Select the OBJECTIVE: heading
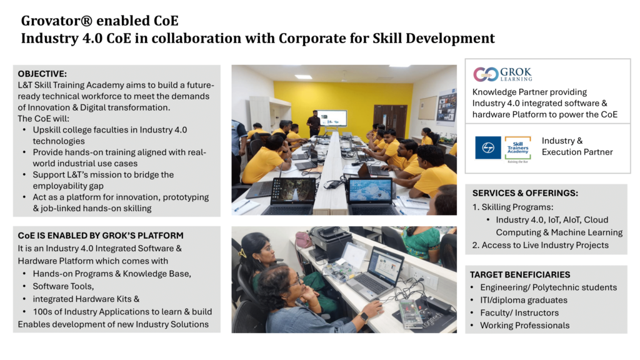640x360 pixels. (x=42, y=74)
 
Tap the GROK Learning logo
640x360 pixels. (x=502, y=74)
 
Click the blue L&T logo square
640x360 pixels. (x=487, y=147)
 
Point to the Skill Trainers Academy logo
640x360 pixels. (x=517, y=149)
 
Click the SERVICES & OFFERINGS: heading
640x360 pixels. (x=525, y=193)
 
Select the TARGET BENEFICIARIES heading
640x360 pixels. (x=520, y=275)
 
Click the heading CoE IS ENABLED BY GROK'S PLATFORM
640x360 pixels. (x=101, y=236)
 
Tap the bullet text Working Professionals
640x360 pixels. (x=524, y=325)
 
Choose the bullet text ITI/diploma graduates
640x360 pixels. (x=524, y=300)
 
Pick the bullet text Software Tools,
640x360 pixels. (x=63, y=286)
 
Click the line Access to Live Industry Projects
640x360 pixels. (x=545, y=245)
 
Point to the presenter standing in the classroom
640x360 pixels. (x=314, y=123)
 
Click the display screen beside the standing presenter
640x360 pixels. (x=332, y=118)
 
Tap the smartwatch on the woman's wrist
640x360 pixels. (x=363, y=317)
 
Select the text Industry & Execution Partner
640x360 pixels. (x=577, y=146)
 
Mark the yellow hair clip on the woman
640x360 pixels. (x=242, y=253)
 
